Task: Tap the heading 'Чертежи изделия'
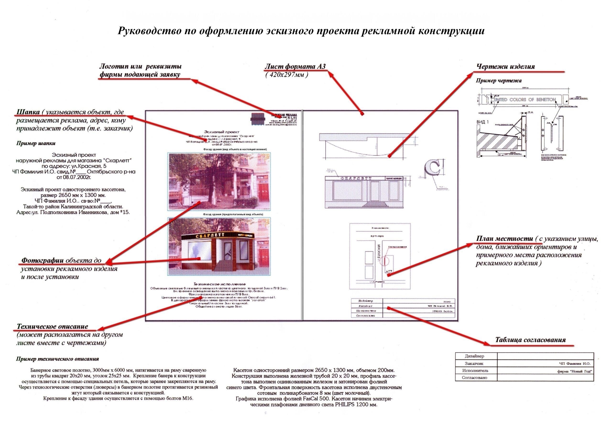click(505, 66)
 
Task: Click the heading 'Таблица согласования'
click(530, 340)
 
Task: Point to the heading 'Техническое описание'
click(52, 326)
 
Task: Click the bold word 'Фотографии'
click(42, 260)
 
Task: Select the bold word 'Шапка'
click(28, 112)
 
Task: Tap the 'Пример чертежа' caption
click(498, 80)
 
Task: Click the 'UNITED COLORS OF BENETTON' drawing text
click(525, 99)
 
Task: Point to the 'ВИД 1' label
click(483, 122)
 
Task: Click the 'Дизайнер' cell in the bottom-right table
click(474, 356)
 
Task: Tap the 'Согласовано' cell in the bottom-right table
click(474, 378)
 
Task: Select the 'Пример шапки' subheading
click(36, 143)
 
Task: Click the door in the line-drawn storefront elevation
click(375, 191)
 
